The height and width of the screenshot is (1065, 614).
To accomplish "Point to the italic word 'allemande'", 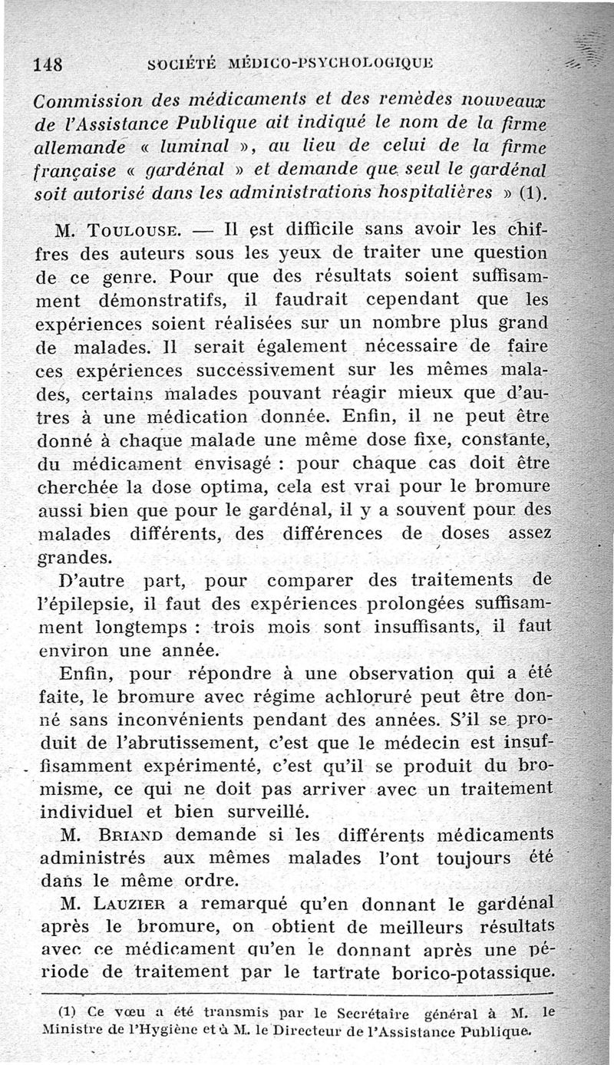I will click(78, 145).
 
